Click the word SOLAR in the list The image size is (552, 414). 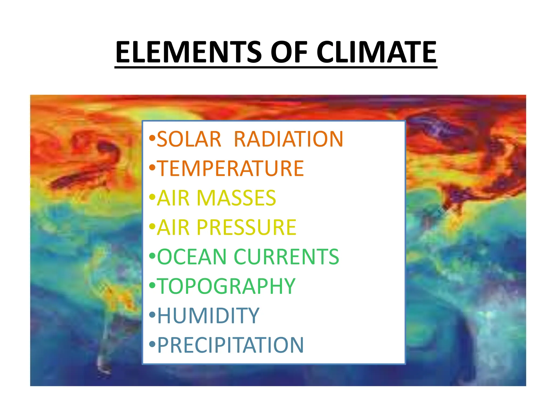[x=189, y=139]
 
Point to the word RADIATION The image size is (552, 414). [x=288, y=139]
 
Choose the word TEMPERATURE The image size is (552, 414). [x=230, y=168]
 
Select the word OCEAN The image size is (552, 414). [x=192, y=257]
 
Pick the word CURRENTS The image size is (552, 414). [x=287, y=257]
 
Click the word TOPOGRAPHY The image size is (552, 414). [x=226, y=286]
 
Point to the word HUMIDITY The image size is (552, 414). [x=208, y=316]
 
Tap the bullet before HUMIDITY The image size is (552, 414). [x=152, y=315]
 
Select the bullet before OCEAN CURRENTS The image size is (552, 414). [x=152, y=256]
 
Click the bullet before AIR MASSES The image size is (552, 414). [x=152, y=197]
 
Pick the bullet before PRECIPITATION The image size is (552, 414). [x=152, y=344]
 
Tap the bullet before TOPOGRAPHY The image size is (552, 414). [x=152, y=285]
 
